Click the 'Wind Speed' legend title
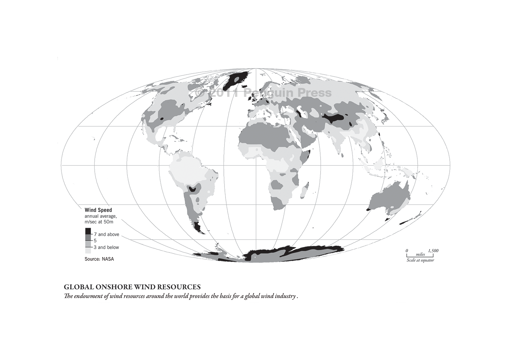pos(98,210)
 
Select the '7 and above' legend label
pos(106,235)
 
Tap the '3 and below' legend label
pos(106,247)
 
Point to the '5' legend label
pos(95,241)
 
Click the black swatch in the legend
pos(88,231)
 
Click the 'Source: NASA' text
pos(99,259)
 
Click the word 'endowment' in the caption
pos(87,296)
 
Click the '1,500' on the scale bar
pos(433,251)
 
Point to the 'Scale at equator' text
pos(420,260)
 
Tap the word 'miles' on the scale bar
pos(420,255)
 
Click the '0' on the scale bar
pos(407,251)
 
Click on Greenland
pos(235,80)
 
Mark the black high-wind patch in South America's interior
pos(192,189)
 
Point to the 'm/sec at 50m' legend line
pos(99,222)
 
